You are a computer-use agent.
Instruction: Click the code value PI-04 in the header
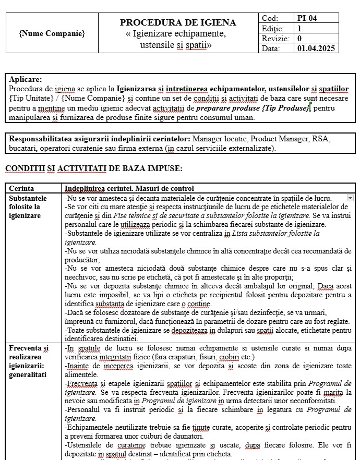tap(307, 18)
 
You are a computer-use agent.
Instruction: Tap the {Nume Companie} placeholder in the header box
tap(52, 33)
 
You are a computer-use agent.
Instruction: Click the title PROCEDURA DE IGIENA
tap(178, 22)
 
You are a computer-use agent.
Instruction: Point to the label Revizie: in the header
tap(275, 39)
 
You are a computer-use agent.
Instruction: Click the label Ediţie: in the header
tap(273, 29)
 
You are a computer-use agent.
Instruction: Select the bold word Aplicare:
tap(26, 79)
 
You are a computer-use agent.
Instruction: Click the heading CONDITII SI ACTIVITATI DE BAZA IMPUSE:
tap(93, 168)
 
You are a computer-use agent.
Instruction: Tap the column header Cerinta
tap(21, 188)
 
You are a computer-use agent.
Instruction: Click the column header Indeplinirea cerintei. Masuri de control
tap(129, 188)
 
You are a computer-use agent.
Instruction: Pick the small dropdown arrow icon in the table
tap(350, 198)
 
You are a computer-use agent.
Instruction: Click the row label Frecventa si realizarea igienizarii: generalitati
tap(29, 359)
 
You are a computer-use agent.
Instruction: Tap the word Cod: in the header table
tap(270, 18)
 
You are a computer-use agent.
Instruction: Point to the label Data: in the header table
tap(271, 49)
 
